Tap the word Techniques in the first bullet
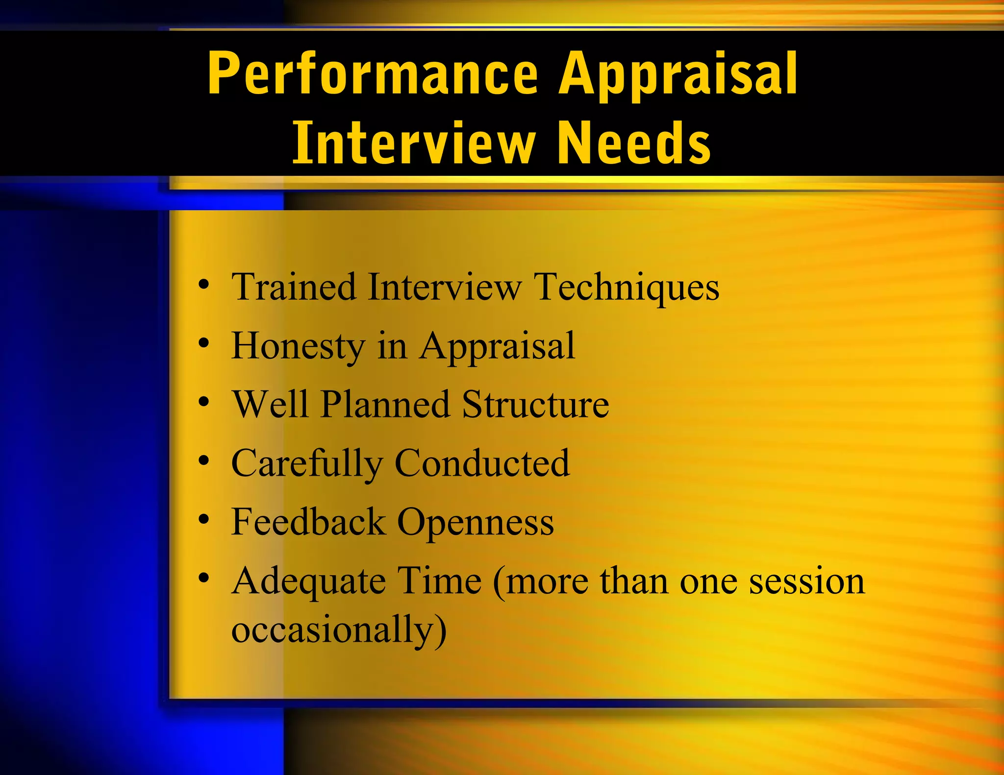coord(627,287)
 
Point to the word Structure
coord(535,405)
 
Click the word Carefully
coord(307,464)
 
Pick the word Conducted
coord(482,463)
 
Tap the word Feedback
coord(308,522)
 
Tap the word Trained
coord(294,287)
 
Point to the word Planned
coord(385,405)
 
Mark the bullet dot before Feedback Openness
coord(204,519)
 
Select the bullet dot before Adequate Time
coord(204,578)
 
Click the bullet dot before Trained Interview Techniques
coord(204,285)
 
